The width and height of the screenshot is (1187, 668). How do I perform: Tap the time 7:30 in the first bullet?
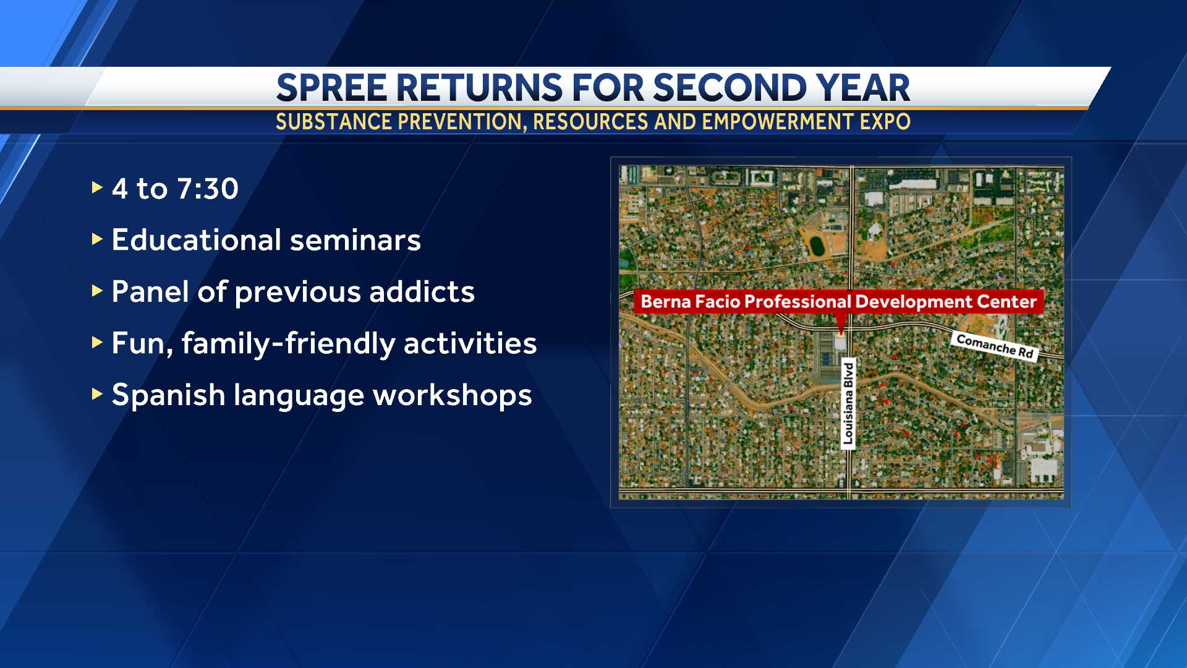207,189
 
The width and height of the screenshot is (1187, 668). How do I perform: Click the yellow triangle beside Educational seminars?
96,239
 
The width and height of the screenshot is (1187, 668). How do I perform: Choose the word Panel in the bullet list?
150,291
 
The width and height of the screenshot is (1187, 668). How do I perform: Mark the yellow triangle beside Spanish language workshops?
96,393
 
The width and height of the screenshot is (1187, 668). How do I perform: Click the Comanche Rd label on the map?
995,346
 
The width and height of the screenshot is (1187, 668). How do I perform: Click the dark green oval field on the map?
817,246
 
